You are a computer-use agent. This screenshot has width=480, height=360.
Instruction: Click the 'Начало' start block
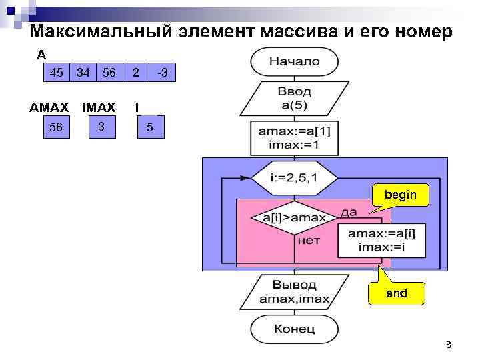click(294, 61)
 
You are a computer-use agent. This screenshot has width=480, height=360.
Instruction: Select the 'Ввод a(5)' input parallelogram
click(294, 99)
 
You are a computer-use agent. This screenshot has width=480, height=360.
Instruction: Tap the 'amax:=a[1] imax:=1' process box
click(294, 138)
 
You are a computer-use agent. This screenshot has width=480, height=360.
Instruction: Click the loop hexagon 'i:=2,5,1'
click(294, 178)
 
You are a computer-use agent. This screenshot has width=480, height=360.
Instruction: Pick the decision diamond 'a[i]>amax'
click(294, 217)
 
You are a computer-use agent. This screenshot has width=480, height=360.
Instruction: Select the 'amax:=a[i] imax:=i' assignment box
click(381, 240)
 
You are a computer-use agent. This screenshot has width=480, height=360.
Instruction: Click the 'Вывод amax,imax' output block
click(294, 291)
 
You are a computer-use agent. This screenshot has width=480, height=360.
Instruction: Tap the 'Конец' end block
click(294, 329)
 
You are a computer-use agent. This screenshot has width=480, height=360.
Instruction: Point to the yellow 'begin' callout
click(400, 195)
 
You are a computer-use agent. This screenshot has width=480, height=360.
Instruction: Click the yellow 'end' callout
click(396, 293)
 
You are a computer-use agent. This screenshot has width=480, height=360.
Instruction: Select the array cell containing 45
click(57, 72)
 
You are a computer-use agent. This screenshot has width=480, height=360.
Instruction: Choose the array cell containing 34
click(83, 72)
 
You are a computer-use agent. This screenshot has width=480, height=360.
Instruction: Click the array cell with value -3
click(161, 72)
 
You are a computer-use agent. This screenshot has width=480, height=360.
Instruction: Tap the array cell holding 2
click(135, 72)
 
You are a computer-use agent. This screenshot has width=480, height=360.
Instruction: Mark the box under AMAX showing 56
click(56, 127)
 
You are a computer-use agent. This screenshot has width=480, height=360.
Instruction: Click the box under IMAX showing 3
click(101, 126)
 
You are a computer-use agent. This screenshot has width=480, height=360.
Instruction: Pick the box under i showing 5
click(150, 127)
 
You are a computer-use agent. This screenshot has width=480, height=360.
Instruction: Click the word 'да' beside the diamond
click(349, 212)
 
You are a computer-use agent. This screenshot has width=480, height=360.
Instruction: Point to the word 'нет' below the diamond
click(309, 240)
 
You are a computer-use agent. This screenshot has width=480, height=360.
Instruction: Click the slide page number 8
click(448, 345)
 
